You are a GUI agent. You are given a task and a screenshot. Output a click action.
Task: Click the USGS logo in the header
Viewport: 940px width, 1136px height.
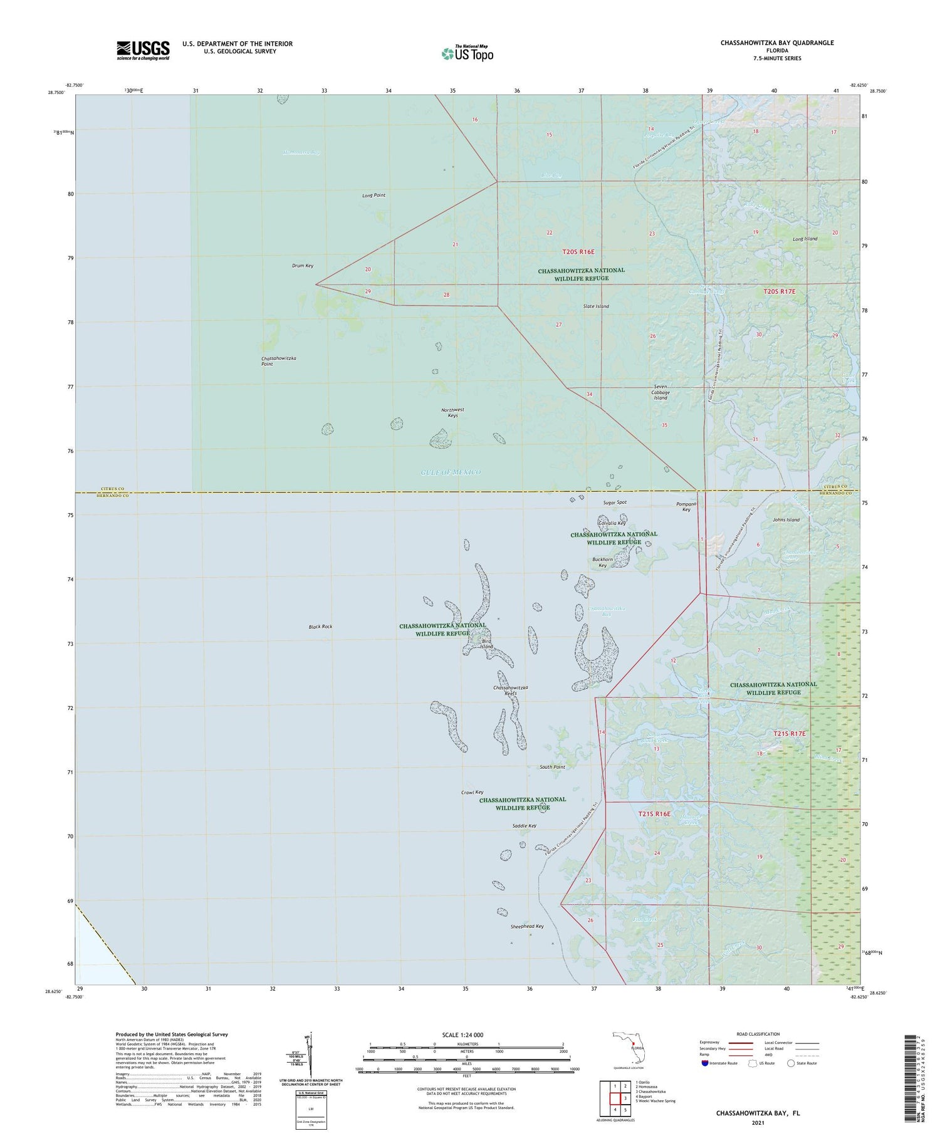pyautogui.click(x=143, y=50)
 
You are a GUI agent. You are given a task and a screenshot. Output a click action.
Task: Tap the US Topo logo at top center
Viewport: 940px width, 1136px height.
pyautogui.click(x=467, y=53)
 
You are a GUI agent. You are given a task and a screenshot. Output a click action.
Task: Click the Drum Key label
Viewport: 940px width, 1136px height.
pyautogui.click(x=303, y=266)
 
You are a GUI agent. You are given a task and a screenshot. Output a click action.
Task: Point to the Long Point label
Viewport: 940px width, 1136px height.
pyautogui.click(x=373, y=195)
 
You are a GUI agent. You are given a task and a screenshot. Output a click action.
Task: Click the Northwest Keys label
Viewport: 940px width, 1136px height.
pyautogui.click(x=452, y=412)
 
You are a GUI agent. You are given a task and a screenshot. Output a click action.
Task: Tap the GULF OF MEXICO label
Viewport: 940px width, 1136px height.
pyautogui.click(x=451, y=472)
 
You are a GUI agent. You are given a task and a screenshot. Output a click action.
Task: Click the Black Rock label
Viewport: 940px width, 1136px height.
pyautogui.click(x=320, y=627)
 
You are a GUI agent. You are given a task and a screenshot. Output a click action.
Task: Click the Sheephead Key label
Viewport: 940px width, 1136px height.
pyautogui.click(x=527, y=926)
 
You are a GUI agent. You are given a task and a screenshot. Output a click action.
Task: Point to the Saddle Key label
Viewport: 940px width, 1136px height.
pyautogui.click(x=524, y=826)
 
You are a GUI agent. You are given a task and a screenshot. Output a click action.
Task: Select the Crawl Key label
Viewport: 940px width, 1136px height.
pyautogui.click(x=472, y=793)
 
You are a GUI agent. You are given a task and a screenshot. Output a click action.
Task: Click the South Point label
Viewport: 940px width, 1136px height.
pyautogui.click(x=552, y=767)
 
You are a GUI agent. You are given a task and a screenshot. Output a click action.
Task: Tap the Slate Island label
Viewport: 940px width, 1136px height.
pyautogui.click(x=596, y=306)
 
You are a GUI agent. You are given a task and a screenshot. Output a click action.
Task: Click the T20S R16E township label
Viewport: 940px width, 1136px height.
pyautogui.click(x=578, y=252)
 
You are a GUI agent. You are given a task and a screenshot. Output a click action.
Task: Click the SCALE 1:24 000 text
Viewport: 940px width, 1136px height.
pyautogui.click(x=462, y=1035)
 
